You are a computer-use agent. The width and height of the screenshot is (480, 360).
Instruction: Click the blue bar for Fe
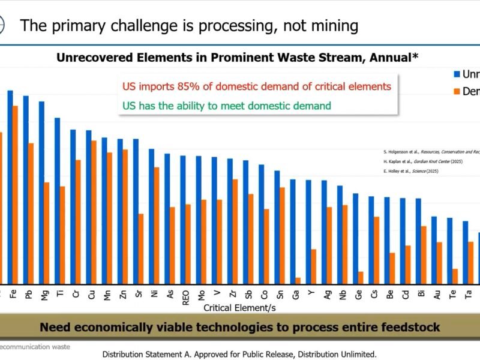point(10,187)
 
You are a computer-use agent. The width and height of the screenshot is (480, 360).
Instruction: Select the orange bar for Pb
point(31,213)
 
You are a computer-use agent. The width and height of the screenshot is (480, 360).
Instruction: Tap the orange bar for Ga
point(297,280)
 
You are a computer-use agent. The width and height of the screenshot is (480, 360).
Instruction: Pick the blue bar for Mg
point(41,192)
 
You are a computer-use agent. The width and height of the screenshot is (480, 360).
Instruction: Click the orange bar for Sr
point(140,248)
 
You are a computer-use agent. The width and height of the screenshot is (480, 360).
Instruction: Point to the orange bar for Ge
point(360,277)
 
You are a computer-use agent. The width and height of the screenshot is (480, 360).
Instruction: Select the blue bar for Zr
point(230,221)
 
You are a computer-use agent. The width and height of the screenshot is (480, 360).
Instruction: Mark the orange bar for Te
point(454,276)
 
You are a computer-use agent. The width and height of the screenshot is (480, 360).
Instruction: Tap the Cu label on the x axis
point(91,295)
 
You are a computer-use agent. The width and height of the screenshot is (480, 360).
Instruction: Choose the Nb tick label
point(342,295)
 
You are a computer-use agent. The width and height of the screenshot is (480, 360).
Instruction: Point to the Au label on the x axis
point(436,295)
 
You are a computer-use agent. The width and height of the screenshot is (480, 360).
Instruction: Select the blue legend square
point(457,74)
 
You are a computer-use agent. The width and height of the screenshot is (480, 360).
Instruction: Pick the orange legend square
point(457,92)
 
